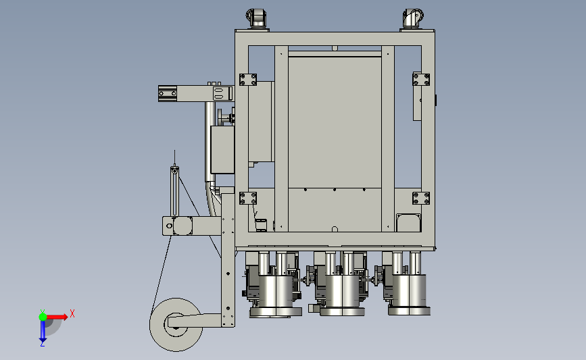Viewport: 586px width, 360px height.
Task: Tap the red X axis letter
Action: (72, 313)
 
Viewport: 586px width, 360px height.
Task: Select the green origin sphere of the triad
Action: (43, 317)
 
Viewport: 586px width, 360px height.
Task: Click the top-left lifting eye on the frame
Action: (256, 18)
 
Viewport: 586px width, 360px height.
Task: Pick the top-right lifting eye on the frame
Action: (412, 18)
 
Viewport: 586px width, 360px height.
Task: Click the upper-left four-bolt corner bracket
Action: (248, 80)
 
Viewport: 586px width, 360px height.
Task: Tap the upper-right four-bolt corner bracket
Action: (421, 80)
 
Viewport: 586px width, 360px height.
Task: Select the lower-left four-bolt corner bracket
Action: (248, 199)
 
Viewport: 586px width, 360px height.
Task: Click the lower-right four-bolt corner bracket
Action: (421, 199)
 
